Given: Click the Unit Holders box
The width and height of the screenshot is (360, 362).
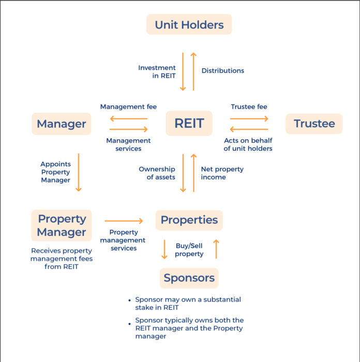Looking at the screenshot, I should click(x=189, y=24).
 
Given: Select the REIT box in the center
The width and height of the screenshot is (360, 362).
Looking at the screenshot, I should click(x=189, y=124).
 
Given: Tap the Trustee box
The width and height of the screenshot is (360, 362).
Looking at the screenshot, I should click(x=314, y=124).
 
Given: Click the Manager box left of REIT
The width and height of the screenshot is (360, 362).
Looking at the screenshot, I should click(x=62, y=124).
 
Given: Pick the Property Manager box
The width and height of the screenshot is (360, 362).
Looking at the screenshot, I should click(x=62, y=225).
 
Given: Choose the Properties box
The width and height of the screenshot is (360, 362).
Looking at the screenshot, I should click(x=189, y=220).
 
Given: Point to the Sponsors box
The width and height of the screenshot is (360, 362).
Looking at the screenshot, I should click(x=189, y=278).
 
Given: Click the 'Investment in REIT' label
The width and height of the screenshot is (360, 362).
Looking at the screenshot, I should click(x=157, y=71).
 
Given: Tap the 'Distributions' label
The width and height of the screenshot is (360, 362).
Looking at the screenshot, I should click(x=222, y=70).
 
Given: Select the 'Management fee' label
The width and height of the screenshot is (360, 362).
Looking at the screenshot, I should click(x=128, y=107).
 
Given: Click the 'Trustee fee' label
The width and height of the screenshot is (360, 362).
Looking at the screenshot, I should click(x=249, y=107).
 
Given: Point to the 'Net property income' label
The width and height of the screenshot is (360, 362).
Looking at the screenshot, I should click(x=222, y=173).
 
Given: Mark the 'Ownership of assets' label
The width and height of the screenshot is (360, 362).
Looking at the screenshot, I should click(x=157, y=173).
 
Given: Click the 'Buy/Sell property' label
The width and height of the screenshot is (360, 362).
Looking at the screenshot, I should click(x=189, y=250).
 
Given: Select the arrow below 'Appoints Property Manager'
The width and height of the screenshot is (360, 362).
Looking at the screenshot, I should click(x=79, y=172).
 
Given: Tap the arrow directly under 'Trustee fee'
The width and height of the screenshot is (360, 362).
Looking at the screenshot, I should click(x=249, y=118).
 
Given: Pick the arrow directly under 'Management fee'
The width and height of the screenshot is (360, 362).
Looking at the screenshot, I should click(x=129, y=118).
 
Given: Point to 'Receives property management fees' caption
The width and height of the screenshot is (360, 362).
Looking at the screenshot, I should click(x=62, y=259).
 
